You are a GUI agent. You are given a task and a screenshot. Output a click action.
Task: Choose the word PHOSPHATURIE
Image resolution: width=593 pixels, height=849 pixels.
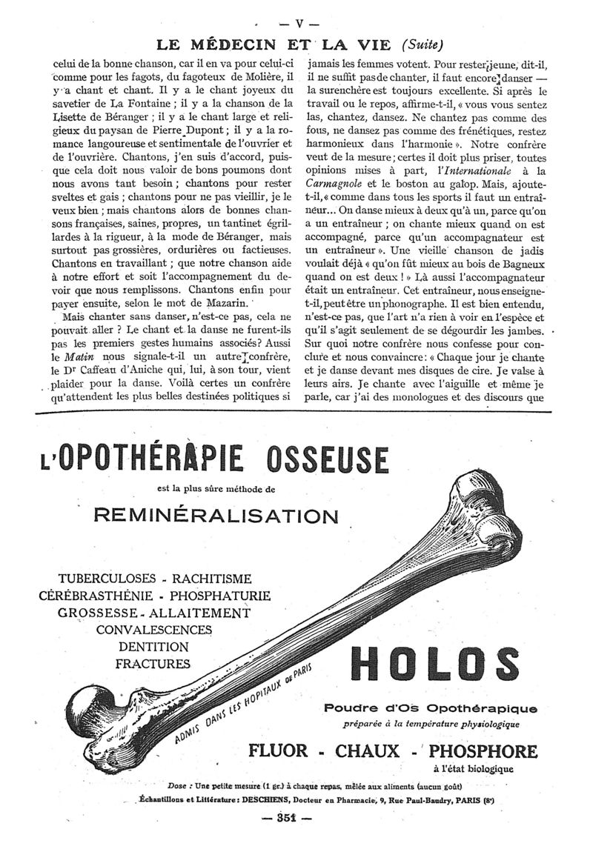(220, 596)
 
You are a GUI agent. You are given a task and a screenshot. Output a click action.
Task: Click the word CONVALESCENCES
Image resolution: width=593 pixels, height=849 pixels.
(153, 630)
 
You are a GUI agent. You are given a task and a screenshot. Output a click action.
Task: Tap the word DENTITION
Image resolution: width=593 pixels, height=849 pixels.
(153, 647)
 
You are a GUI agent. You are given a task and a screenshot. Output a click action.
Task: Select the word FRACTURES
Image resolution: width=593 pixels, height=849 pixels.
(153, 664)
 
